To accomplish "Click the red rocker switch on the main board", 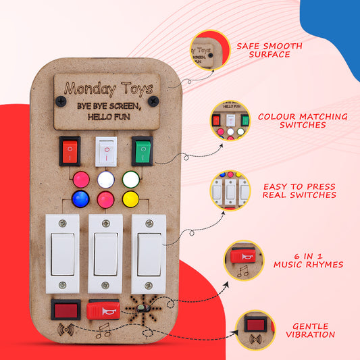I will (x=70, y=151).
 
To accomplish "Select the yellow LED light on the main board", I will (x=130, y=199).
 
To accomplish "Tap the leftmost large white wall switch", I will (x=63, y=253).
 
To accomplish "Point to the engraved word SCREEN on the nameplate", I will (x=127, y=106).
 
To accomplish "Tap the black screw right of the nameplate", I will (x=153, y=101).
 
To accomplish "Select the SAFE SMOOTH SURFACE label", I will (x=269, y=50).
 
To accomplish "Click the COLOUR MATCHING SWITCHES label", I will (x=303, y=121).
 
